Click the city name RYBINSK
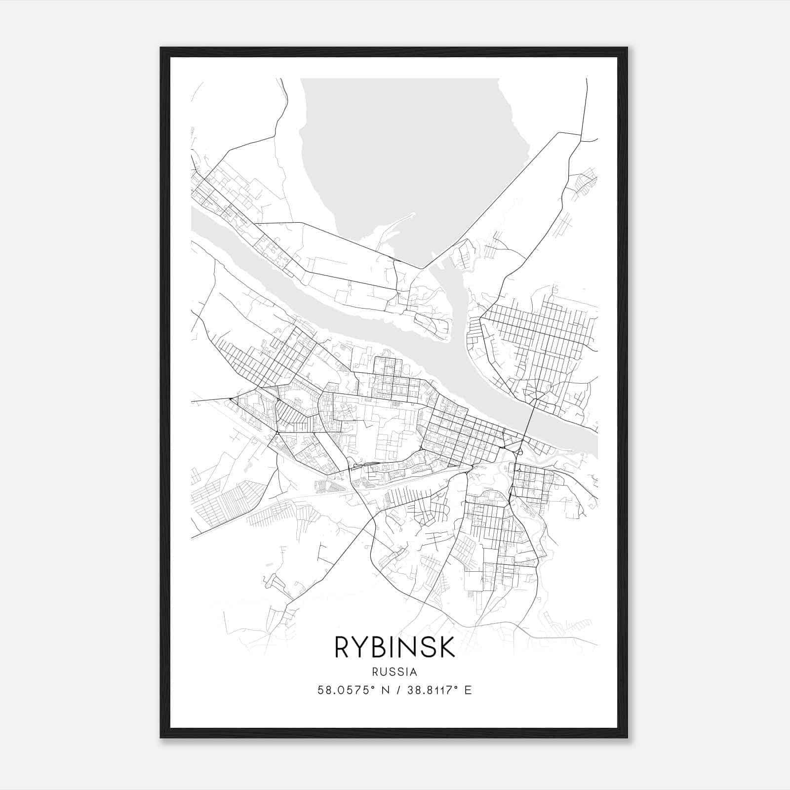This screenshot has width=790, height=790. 395,647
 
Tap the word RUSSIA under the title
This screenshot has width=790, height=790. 395,671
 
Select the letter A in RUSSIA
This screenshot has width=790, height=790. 414,671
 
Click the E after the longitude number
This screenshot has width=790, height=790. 468,690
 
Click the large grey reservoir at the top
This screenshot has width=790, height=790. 410,148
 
